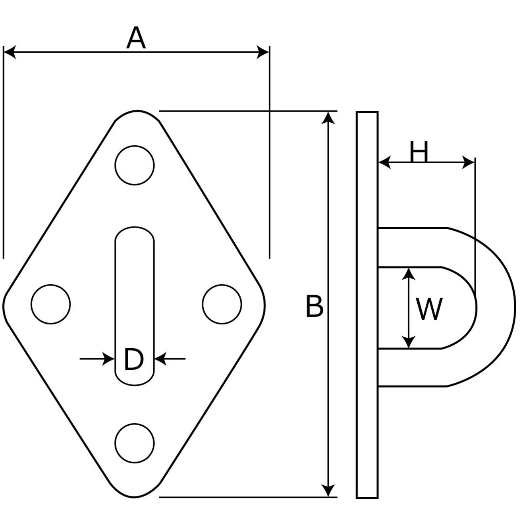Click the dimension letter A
click(136, 38)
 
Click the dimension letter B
click(315, 306)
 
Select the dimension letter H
click(419, 151)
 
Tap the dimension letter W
click(429, 309)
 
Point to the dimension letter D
click(133, 359)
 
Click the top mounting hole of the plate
click(135, 165)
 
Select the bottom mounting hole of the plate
click(135, 443)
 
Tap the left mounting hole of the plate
click(51, 304)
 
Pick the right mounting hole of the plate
click(222, 304)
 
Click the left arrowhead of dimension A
click(10, 52)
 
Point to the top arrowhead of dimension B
click(328, 118)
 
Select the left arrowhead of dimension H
click(384, 162)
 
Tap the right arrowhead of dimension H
click(468, 162)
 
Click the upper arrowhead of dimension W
click(409, 274)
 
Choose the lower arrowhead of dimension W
click(409, 342)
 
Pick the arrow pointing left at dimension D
click(161, 359)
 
